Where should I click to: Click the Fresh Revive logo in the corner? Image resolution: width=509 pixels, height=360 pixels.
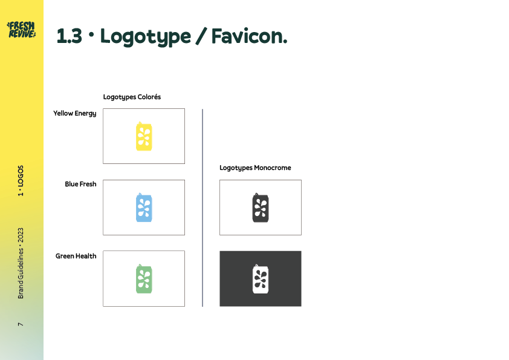coord(21,29)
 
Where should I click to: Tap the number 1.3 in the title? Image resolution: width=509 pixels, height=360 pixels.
coord(69,37)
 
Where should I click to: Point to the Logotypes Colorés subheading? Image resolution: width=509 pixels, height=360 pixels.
coord(132,97)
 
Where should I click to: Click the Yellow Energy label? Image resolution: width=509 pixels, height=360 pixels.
coord(74,113)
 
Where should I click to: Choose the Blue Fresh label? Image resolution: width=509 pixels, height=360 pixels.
coord(80,184)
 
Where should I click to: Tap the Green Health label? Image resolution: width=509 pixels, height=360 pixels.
coord(76,256)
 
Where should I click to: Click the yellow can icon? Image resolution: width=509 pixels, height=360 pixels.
coord(144,136)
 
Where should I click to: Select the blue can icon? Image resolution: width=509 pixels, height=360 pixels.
coord(144,208)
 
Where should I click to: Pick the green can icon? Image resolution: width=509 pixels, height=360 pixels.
coord(144,278)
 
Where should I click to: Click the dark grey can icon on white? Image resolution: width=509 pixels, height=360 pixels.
coord(261,208)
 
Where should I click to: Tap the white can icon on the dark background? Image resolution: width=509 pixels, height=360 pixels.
coord(261,278)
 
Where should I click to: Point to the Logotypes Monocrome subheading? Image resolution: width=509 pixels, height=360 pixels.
coord(255,168)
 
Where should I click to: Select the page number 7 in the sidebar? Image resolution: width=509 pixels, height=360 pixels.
coord(21,325)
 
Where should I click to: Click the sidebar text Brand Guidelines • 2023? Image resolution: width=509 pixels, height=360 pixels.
coord(21,263)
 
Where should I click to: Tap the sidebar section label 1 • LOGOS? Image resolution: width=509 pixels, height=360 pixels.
coord(21,181)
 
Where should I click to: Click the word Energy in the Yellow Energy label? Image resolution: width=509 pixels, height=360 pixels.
coord(85,113)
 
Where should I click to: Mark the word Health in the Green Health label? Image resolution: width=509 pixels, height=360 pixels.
coord(86,256)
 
